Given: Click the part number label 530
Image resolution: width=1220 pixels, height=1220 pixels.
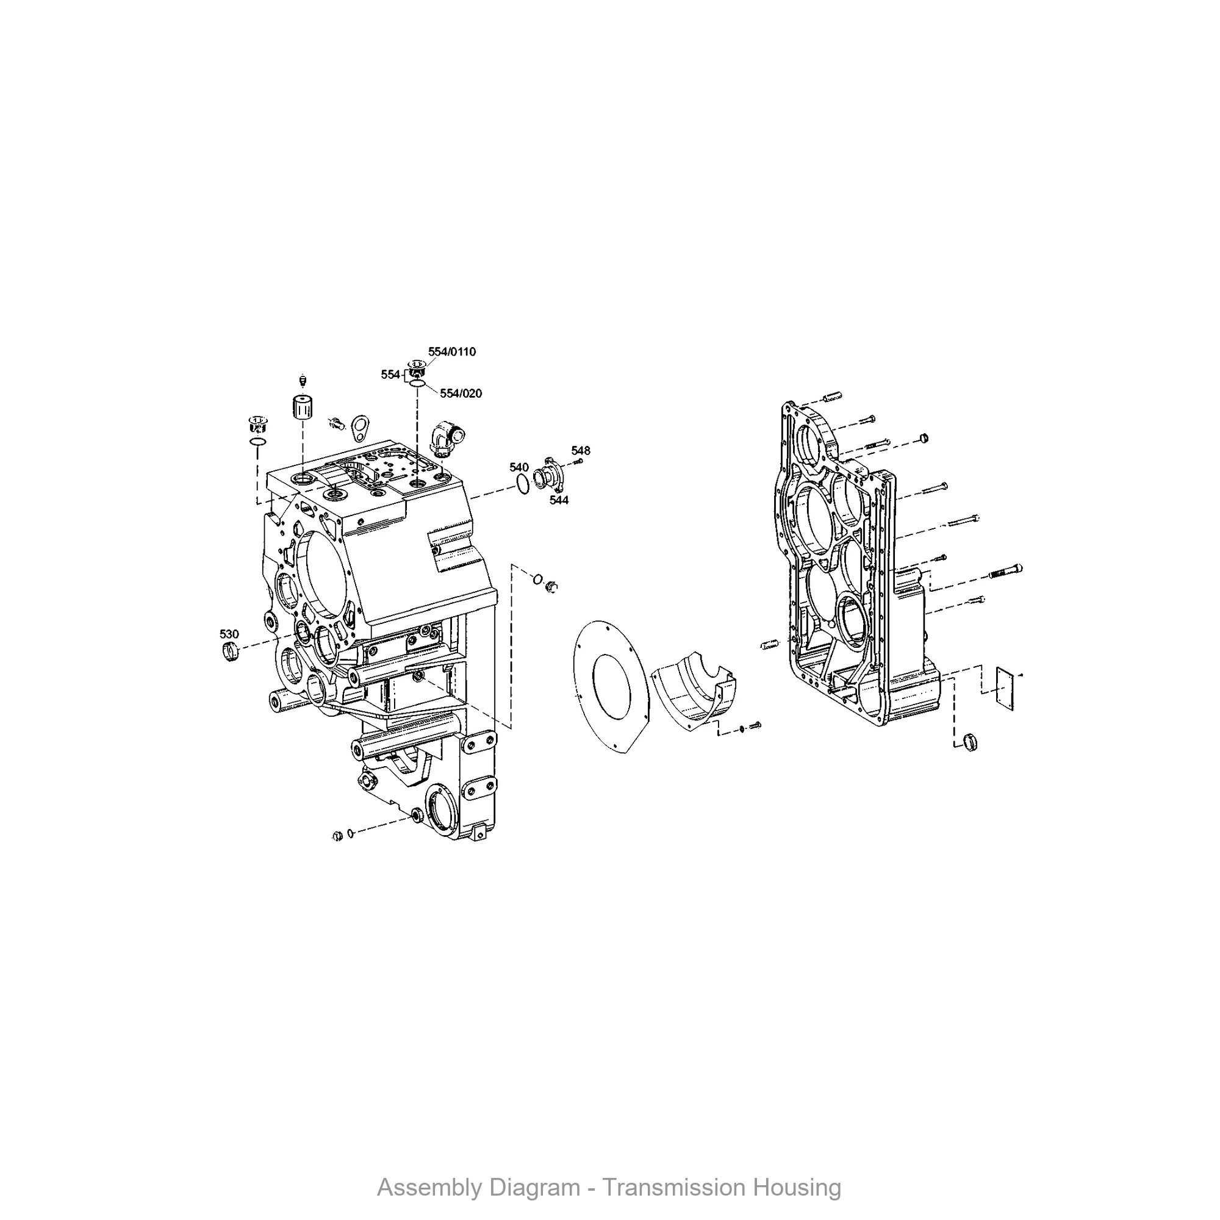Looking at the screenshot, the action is coord(229,634).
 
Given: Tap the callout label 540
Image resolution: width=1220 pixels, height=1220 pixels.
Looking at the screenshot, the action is coord(519,467).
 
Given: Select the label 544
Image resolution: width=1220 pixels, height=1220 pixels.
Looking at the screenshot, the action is coord(559,500).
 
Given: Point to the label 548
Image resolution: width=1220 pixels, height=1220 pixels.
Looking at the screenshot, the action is coord(581,450).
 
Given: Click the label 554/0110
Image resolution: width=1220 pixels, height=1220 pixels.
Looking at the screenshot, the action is coord(452,352).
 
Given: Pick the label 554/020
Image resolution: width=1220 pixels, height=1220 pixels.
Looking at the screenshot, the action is coord(461,393).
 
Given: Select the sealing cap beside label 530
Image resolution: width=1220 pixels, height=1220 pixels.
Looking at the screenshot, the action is coord(230,650).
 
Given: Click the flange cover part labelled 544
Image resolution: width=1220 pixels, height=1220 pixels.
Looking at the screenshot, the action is coord(548,473).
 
